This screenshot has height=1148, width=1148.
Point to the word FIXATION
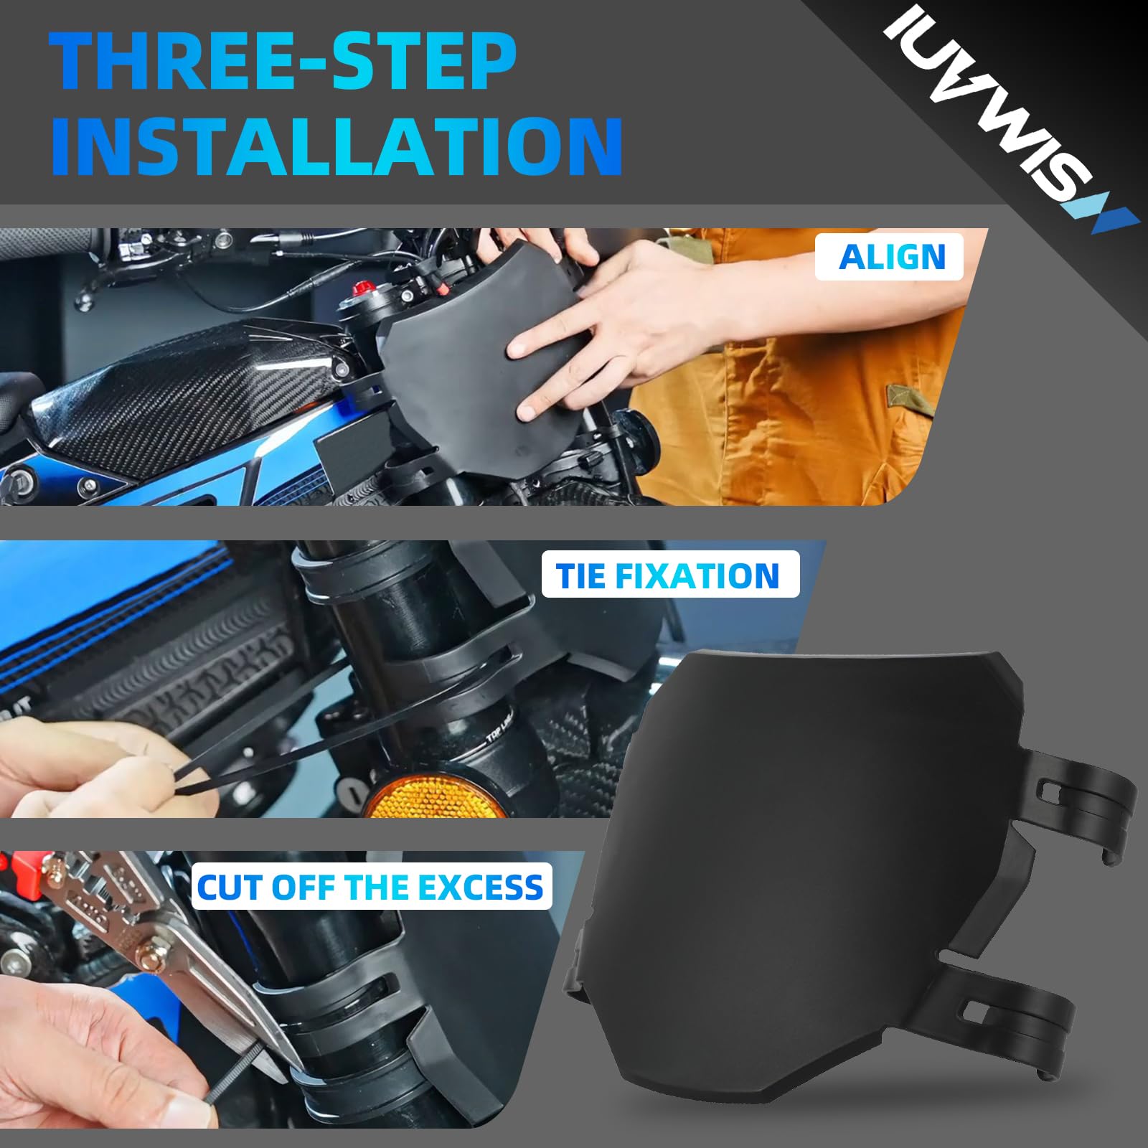click(697, 575)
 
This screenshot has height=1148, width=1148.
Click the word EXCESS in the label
click(481, 888)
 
